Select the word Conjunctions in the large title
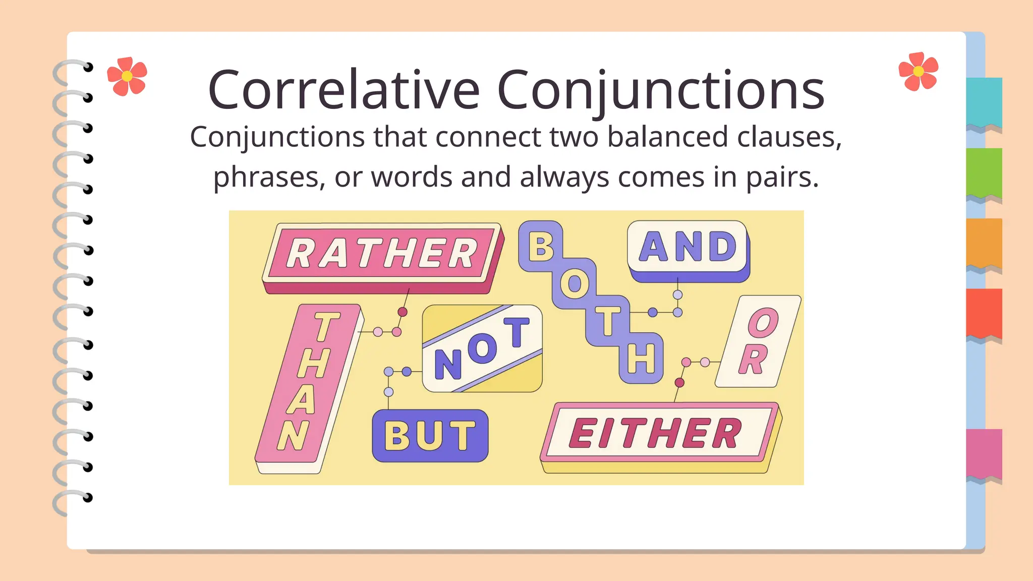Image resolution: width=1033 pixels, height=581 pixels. [x=660, y=91]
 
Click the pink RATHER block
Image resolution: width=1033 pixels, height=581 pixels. [x=382, y=253]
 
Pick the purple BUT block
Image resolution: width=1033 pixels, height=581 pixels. [x=430, y=435]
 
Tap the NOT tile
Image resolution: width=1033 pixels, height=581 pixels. [x=482, y=348]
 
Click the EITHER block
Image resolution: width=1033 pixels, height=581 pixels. [x=656, y=433]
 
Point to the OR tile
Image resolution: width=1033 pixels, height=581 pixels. [x=758, y=341]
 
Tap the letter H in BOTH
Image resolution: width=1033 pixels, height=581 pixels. [x=641, y=359]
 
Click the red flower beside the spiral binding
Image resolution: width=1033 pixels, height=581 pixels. [x=127, y=76]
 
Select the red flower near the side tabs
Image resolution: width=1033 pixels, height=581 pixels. [x=919, y=71]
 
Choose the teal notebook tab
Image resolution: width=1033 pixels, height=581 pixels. [x=984, y=102]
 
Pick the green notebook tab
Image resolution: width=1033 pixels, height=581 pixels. [x=984, y=172]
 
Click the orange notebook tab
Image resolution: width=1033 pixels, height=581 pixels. [x=984, y=243]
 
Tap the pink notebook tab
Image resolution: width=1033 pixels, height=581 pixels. [x=984, y=453]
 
